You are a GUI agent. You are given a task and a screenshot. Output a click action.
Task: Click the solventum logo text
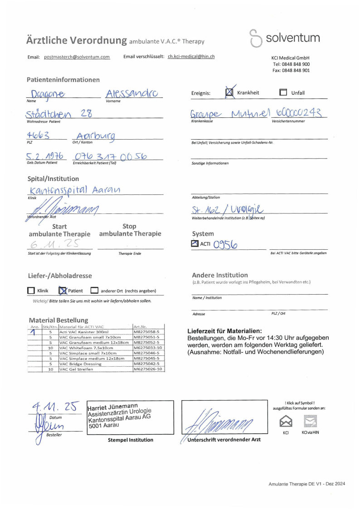point(292,38)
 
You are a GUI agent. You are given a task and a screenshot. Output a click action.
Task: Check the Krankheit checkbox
point(230,92)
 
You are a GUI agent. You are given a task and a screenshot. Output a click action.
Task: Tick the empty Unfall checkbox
point(283,92)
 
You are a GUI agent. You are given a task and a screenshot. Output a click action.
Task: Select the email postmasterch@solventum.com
point(77,57)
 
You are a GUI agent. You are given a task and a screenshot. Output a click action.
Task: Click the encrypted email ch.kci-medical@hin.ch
point(191,57)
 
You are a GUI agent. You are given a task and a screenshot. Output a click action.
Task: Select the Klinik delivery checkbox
point(31,291)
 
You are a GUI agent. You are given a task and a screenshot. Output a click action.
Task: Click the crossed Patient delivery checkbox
point(63,291)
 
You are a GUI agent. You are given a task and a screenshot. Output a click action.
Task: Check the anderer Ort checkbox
point(94,291)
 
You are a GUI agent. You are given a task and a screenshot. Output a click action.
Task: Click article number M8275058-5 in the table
point(148,332)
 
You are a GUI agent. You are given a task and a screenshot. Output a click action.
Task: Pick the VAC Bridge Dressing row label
point(81,364)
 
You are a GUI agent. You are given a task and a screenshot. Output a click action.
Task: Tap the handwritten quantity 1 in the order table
point(33,332)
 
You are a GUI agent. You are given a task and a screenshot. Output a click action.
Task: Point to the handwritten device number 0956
point(225,245)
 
